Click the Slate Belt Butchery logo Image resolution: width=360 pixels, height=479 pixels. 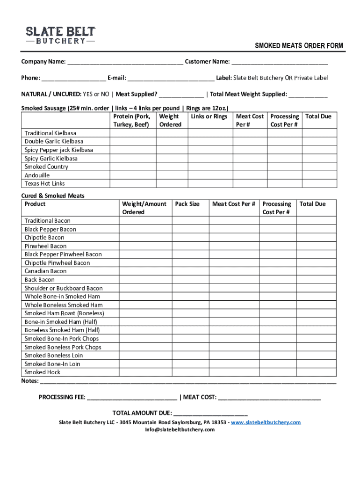click(60, 35)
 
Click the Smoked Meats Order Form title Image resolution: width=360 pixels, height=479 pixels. click(299, 46)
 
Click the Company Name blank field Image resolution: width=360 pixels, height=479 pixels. click(125, 62)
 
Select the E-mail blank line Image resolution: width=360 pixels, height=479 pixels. click(171, 78)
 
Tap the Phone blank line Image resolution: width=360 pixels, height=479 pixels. click(73, 78)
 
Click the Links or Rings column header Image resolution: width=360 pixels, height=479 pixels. click(209, 116)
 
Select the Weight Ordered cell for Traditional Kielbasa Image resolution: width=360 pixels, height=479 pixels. click(170, 133)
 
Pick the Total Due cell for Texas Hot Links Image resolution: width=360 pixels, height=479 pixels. click(319, 184)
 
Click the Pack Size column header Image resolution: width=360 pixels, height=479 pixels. click(187, 204)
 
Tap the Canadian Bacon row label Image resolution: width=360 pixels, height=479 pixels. click(46, 271)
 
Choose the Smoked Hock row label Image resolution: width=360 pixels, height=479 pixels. click(43, 372)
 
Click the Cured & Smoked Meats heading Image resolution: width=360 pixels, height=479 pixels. click(53, 196)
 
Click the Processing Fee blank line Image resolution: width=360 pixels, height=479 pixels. click(132, 398)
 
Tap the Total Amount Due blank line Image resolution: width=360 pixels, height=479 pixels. click(210, 414)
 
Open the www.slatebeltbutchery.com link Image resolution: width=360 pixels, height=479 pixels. click(266, 422)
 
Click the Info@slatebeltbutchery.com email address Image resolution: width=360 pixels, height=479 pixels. click(180, 430)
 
